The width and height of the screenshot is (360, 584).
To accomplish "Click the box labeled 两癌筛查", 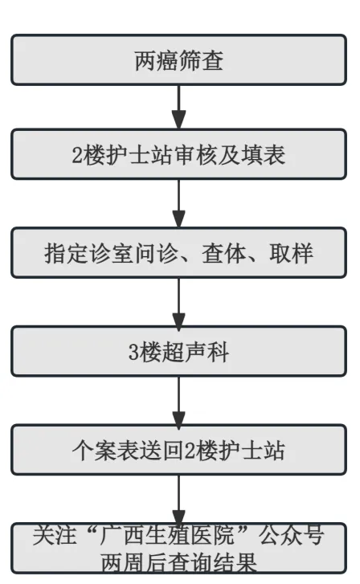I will [x=178, y=59].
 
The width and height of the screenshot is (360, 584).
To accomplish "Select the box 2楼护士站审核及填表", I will [x=178, y=154].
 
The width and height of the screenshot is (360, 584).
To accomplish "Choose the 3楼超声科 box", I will [x=178, y=351].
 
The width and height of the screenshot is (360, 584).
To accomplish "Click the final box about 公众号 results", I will [x=178, y=549].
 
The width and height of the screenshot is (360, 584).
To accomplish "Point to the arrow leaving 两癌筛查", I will [x=178, y=106].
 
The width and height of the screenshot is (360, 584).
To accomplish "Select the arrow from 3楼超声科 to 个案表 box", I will [x=178, y=401].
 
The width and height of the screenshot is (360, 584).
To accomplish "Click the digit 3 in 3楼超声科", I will [x=133, y=352].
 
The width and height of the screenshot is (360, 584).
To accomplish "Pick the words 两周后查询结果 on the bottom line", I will [x=178, y=563].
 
